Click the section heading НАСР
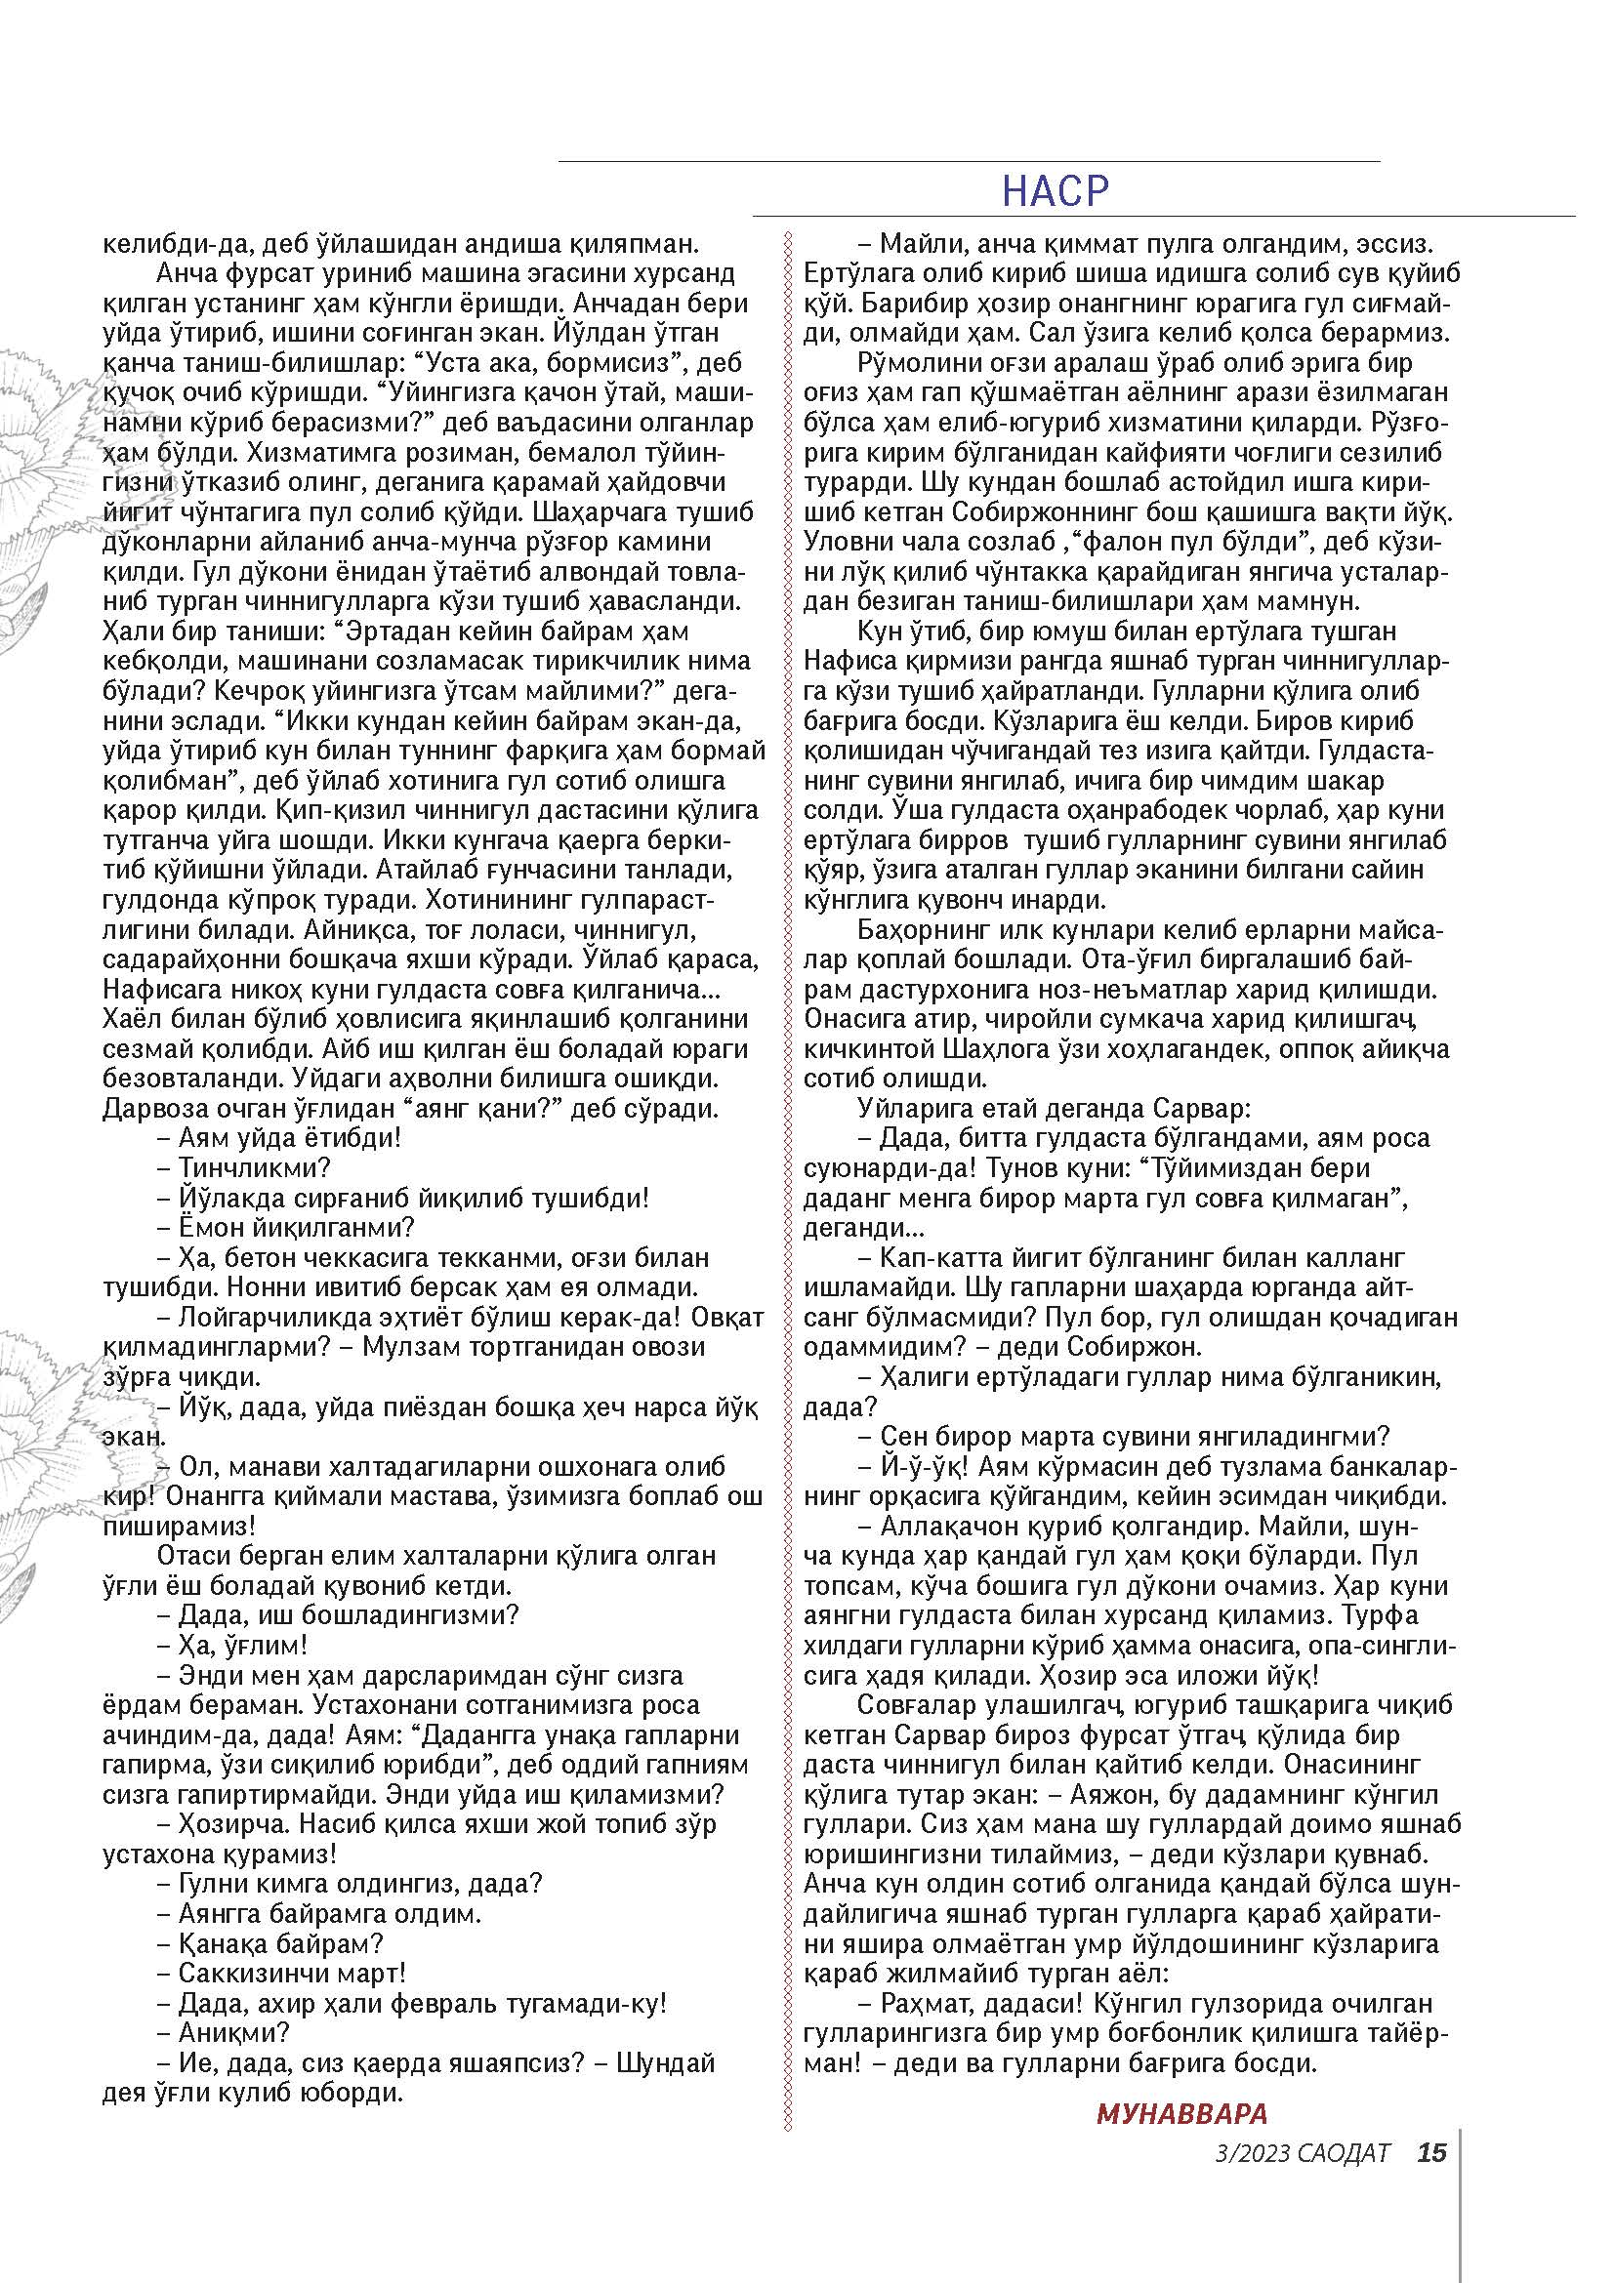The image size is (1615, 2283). click(1056, 190)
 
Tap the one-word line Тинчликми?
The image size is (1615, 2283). click(255, 1167)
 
